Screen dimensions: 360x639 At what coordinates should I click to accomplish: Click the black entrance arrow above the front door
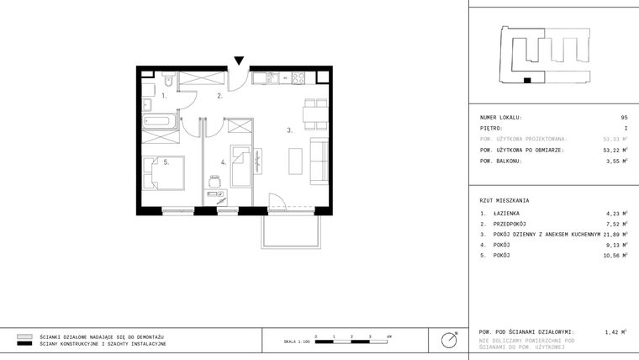(x=240, y=61)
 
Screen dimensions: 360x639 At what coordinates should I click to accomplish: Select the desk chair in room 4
(x=216, y=178)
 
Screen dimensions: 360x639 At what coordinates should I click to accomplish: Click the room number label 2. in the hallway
(x=219, y=97)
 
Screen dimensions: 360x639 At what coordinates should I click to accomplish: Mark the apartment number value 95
(x=624, y=118)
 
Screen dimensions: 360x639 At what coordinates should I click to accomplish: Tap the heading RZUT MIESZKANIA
(x=504, y=201)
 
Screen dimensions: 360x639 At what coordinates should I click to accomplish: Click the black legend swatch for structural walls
(x=25, y=344)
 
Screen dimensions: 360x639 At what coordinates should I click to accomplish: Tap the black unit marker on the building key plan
(x=527, y=81)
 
